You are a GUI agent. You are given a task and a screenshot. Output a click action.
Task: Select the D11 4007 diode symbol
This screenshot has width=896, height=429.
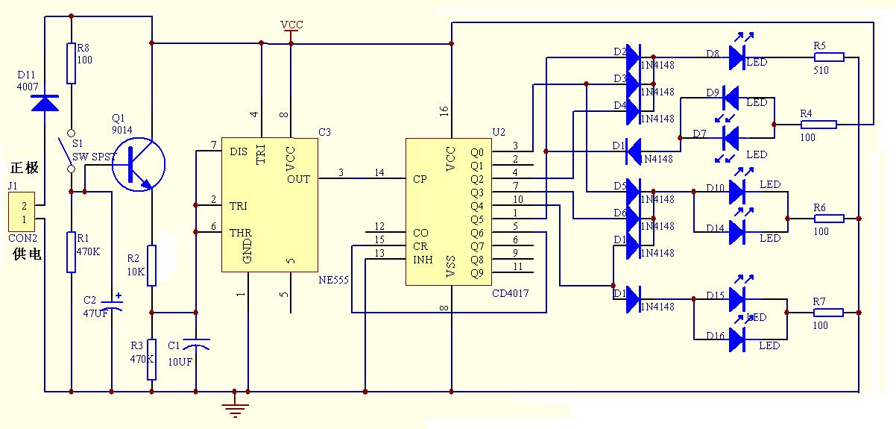pyautogui.click(x=46, y=102)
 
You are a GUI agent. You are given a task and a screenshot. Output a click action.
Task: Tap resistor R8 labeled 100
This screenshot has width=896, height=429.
pyautogui.click(x=72, y=63)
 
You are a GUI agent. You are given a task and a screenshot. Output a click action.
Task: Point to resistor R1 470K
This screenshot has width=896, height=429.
pyautogui.click(x=72, y=251)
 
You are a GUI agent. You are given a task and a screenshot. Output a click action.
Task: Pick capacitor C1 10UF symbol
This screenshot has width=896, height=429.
pyautogui.click(x=196, y=344)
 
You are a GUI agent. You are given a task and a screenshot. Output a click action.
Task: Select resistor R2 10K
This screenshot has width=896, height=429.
pyautogui.click(x=151, y=265)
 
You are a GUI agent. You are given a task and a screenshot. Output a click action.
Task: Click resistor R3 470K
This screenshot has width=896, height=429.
pyautogui.click(x=151, y=360)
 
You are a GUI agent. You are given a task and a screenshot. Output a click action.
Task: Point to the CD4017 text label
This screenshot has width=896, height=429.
pyautogui.click(x=511, y=293)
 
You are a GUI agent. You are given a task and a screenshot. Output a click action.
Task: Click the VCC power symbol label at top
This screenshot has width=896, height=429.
pyautogui.click(x=291, y=25)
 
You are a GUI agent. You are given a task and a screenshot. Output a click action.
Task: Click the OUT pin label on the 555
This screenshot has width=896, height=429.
pyautogui.click(x=298, y=179)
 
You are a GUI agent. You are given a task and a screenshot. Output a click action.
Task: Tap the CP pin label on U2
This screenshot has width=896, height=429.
pyautogui.click(x=419, y=179)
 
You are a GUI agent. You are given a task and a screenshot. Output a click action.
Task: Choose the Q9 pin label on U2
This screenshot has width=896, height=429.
pyautogui.click(x=477, y=272)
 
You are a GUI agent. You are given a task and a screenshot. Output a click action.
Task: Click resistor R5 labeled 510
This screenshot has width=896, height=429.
pyautogui.click(x=829, y=57)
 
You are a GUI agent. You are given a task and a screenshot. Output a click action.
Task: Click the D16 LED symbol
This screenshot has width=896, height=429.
pyautogui.click(x=738, y=341)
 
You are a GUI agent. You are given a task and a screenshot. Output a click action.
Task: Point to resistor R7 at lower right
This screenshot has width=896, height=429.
pyautogui.click(x=829, y=313)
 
